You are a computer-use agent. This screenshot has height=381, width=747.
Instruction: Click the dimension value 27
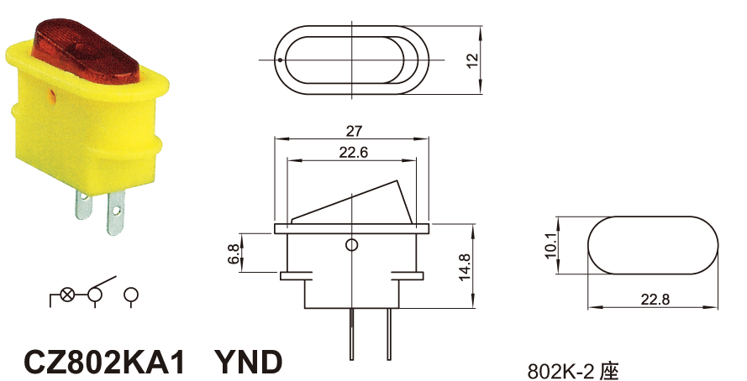pos(352,131)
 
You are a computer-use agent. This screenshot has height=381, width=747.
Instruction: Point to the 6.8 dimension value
pos(233,253)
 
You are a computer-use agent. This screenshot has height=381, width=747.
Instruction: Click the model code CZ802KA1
pos(105,362)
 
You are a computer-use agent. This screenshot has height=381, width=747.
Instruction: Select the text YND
pos(248,362)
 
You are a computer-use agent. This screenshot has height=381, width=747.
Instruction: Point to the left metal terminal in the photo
pos(83,203)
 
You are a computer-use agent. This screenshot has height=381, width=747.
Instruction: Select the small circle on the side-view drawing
pos(352,245)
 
